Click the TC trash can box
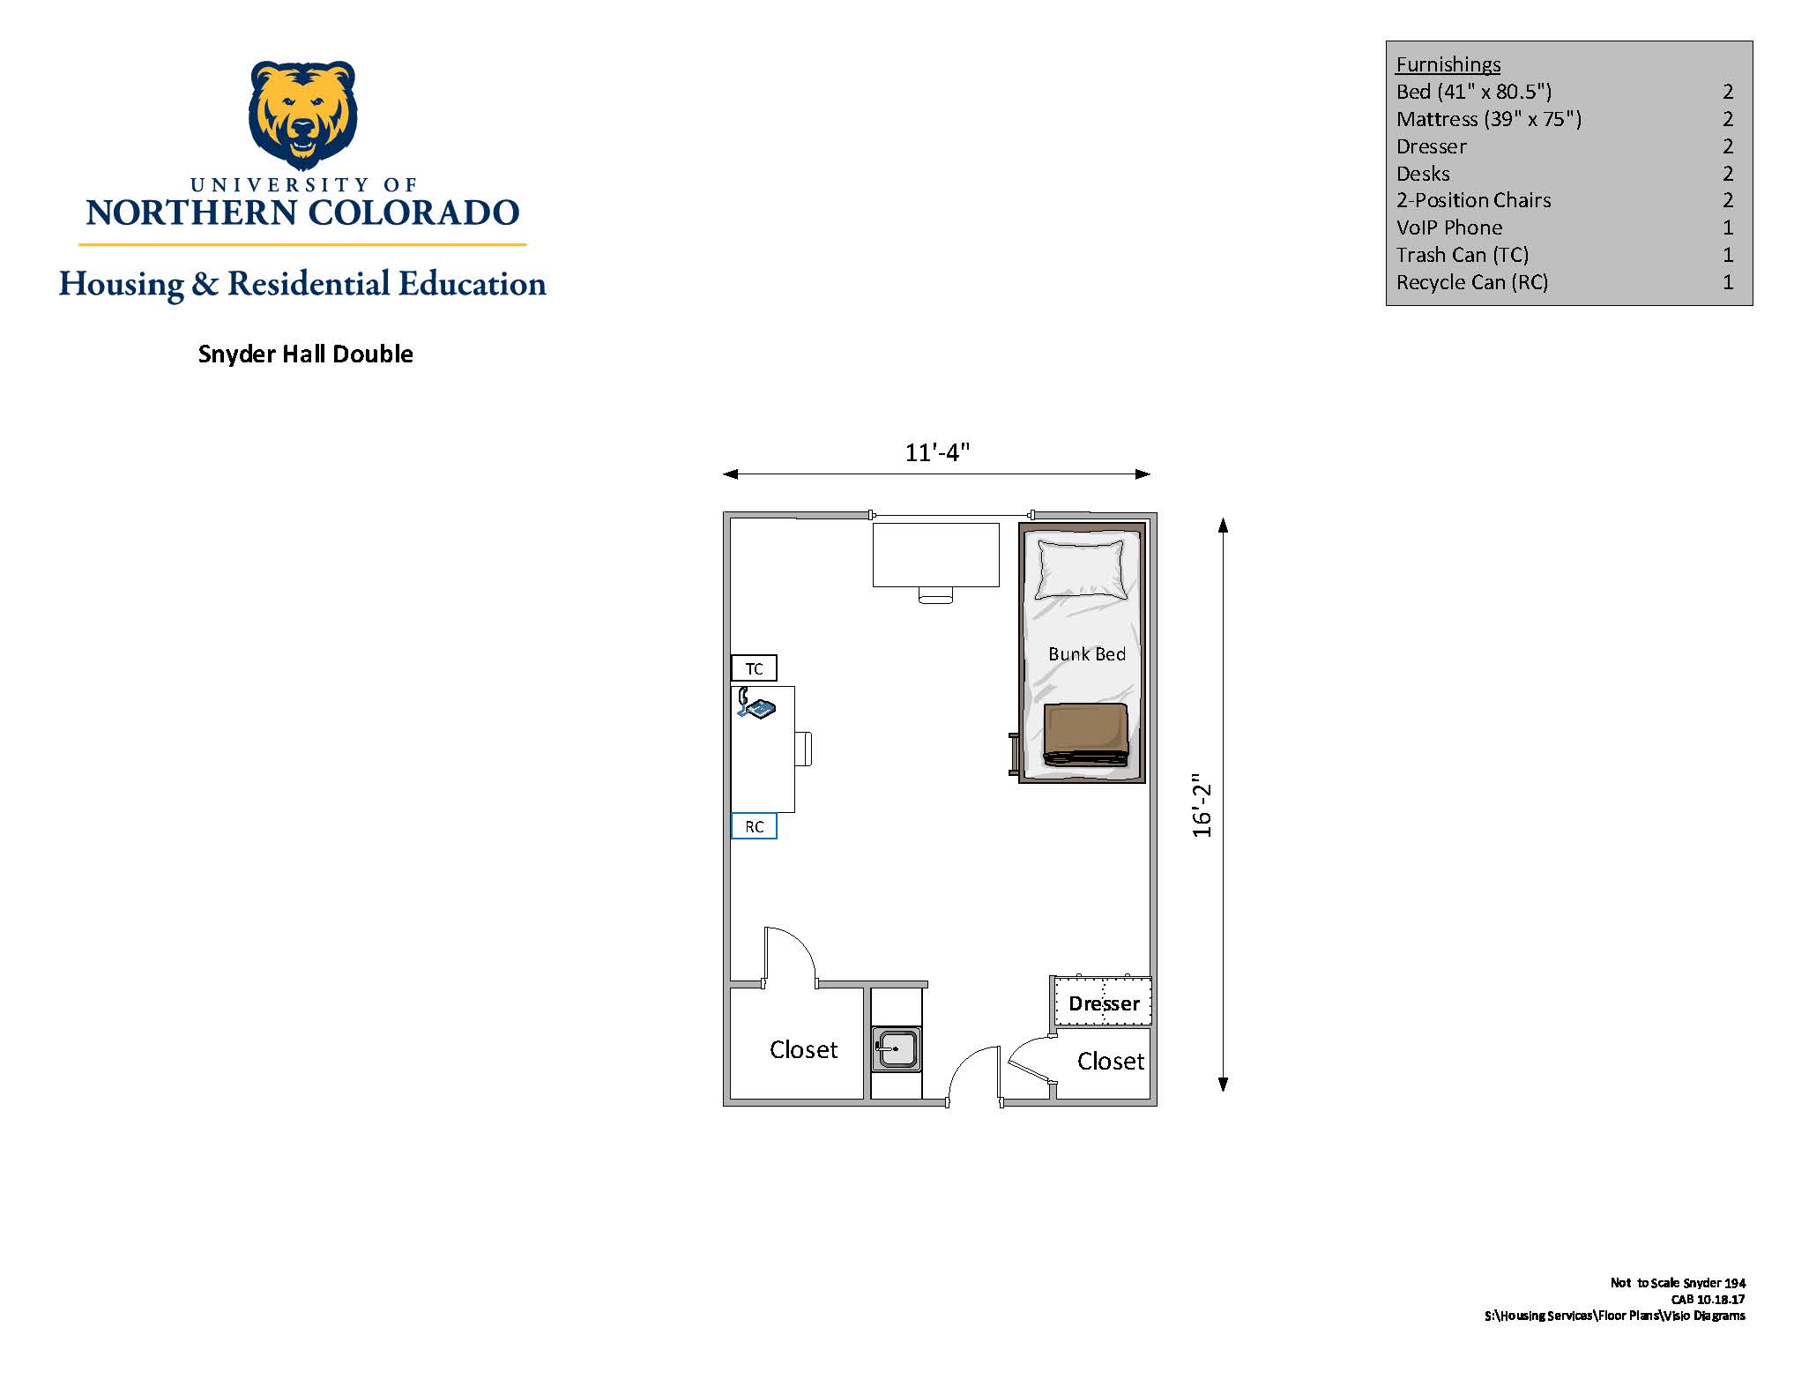[x=754, y=668]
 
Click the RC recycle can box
[x=754, y=826]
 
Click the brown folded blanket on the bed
[x=1086, y=734]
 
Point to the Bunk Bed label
[x=1087, y=654]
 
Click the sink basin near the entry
[x=897, y=1049]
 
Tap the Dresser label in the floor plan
[x=1104, y=1003]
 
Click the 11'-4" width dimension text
[x=937, y=452]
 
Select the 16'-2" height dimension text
[x=1202, y=806]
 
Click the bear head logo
[x=302, y=115]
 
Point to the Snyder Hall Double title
[x=306, y=354]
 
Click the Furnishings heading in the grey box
[x=1448, y=64]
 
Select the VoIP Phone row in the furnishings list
[x=1565, y=227]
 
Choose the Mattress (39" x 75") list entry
[x=1565, y=119]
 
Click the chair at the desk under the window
[x=935, y=595]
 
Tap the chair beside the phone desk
[x=803, y=749]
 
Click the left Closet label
[x=803, y=1049]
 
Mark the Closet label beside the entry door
[x=1111, y=1061]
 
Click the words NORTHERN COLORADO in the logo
[x=302, y=213]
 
